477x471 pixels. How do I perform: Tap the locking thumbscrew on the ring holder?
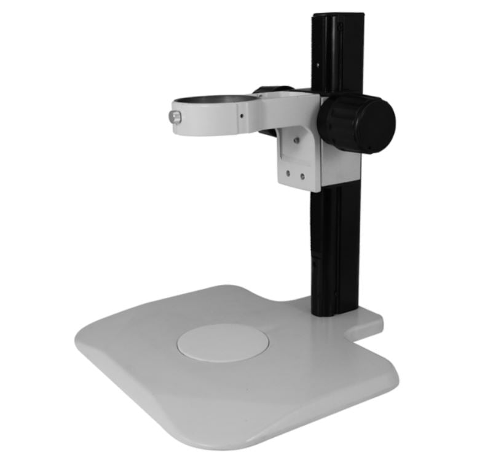pyautogui.click(x=176, y=117)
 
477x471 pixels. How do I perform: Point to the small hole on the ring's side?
pyautogui.click(x=242, y=115)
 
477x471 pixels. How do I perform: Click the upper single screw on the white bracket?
pyautogui.click(x=297, y=140)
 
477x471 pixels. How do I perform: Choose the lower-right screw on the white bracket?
pyautogui.click(x=302, y=176)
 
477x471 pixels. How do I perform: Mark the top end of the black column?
pyautogui.click(x=335, y=17)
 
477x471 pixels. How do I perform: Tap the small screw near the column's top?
pyautogui.click(x=336, y=26)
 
